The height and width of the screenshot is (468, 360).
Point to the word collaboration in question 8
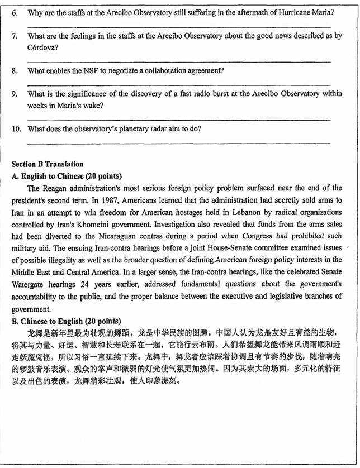[173, 71]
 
